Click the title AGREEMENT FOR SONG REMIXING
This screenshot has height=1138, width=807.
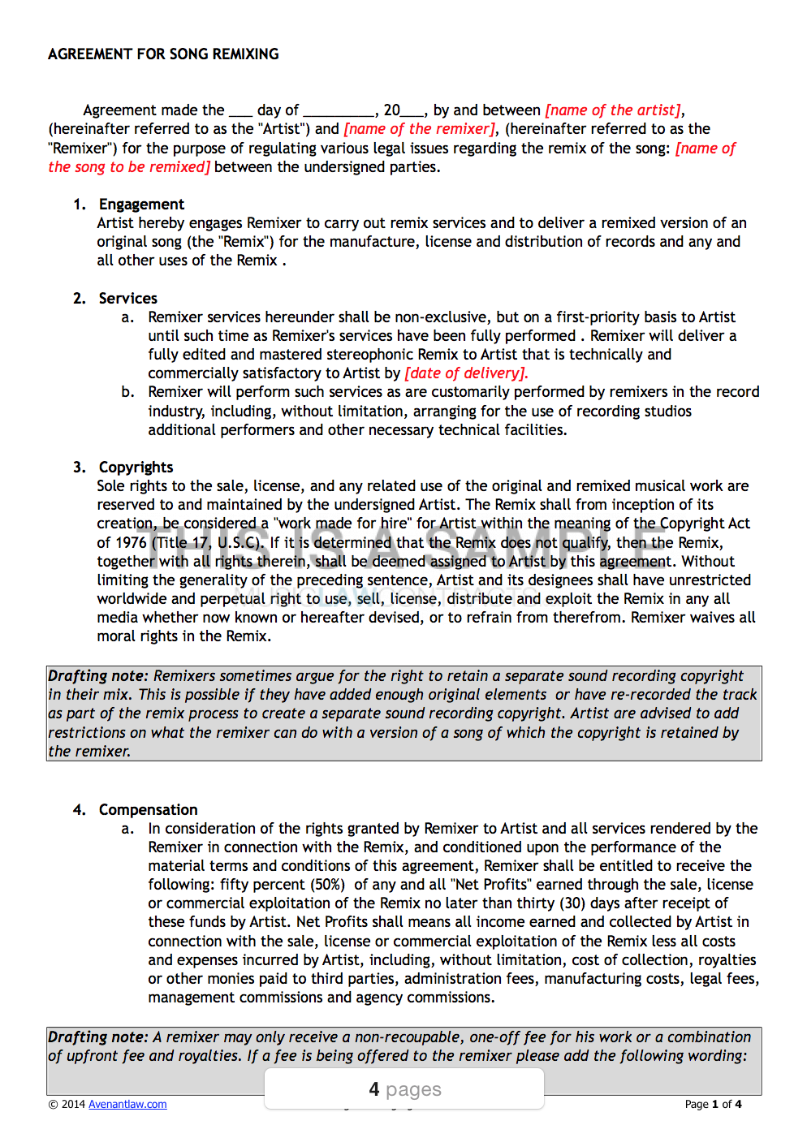(163, 54)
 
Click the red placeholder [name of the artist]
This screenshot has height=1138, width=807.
(614, 110)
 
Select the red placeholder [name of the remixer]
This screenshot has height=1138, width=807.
(419, 129)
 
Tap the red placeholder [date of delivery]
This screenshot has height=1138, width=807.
(466, 373)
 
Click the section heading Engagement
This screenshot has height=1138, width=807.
(141, 205)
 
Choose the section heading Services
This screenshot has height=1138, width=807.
(127, 299)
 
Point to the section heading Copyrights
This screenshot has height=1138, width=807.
(136, 468)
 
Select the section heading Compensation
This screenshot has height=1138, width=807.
(148, 810)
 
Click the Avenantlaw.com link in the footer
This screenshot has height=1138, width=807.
(127, 1104)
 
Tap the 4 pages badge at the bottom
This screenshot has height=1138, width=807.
(404, 1089)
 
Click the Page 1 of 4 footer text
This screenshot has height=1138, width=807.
(713, 1104)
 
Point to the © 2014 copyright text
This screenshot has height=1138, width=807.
(67, 1104)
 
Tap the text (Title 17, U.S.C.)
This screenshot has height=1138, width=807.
(208, 543)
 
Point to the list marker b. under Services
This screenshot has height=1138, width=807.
(127, 392)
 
